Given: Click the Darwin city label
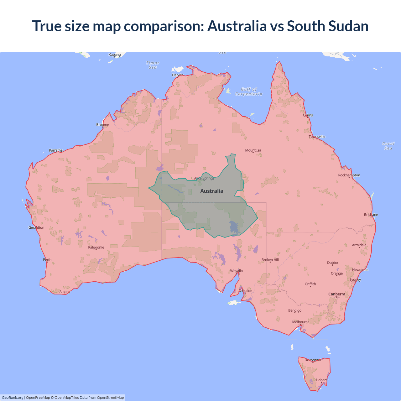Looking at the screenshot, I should pos(178,75).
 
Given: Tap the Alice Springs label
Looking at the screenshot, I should pos(204,178).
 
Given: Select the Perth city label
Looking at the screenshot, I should pos(47,260).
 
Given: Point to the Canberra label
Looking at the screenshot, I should pos(337,294).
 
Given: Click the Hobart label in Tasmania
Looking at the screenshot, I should pos(321,380).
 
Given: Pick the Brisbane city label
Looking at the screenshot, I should pos(371,215).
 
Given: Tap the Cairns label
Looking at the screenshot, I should pos(308,115).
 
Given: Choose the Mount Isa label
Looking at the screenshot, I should pos(253,150).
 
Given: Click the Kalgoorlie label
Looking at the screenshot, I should pos(96,247).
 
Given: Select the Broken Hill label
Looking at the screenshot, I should pos(270,260).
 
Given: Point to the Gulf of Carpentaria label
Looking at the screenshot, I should pos(249,91).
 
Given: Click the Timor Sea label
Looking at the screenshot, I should pos(153,65).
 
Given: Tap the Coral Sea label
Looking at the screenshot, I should pos(388,146).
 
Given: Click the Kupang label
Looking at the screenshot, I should pos(115,55).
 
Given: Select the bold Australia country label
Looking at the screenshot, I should pos(212,191).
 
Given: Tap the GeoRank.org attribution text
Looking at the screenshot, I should pos(13,398).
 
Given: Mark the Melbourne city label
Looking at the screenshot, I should pos(301,322).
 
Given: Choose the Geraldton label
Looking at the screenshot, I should pos(36,228).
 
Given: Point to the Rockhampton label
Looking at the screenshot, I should pos(349,175).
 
